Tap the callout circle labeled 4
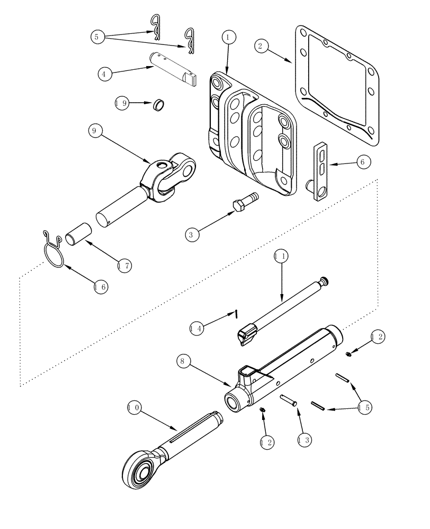pos(105,74)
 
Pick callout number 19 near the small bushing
pos(122,104)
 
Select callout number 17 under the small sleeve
pos(125,264)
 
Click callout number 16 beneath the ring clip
pos(101,286)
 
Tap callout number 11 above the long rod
pos(281,257)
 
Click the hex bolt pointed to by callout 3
pos(244,202)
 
